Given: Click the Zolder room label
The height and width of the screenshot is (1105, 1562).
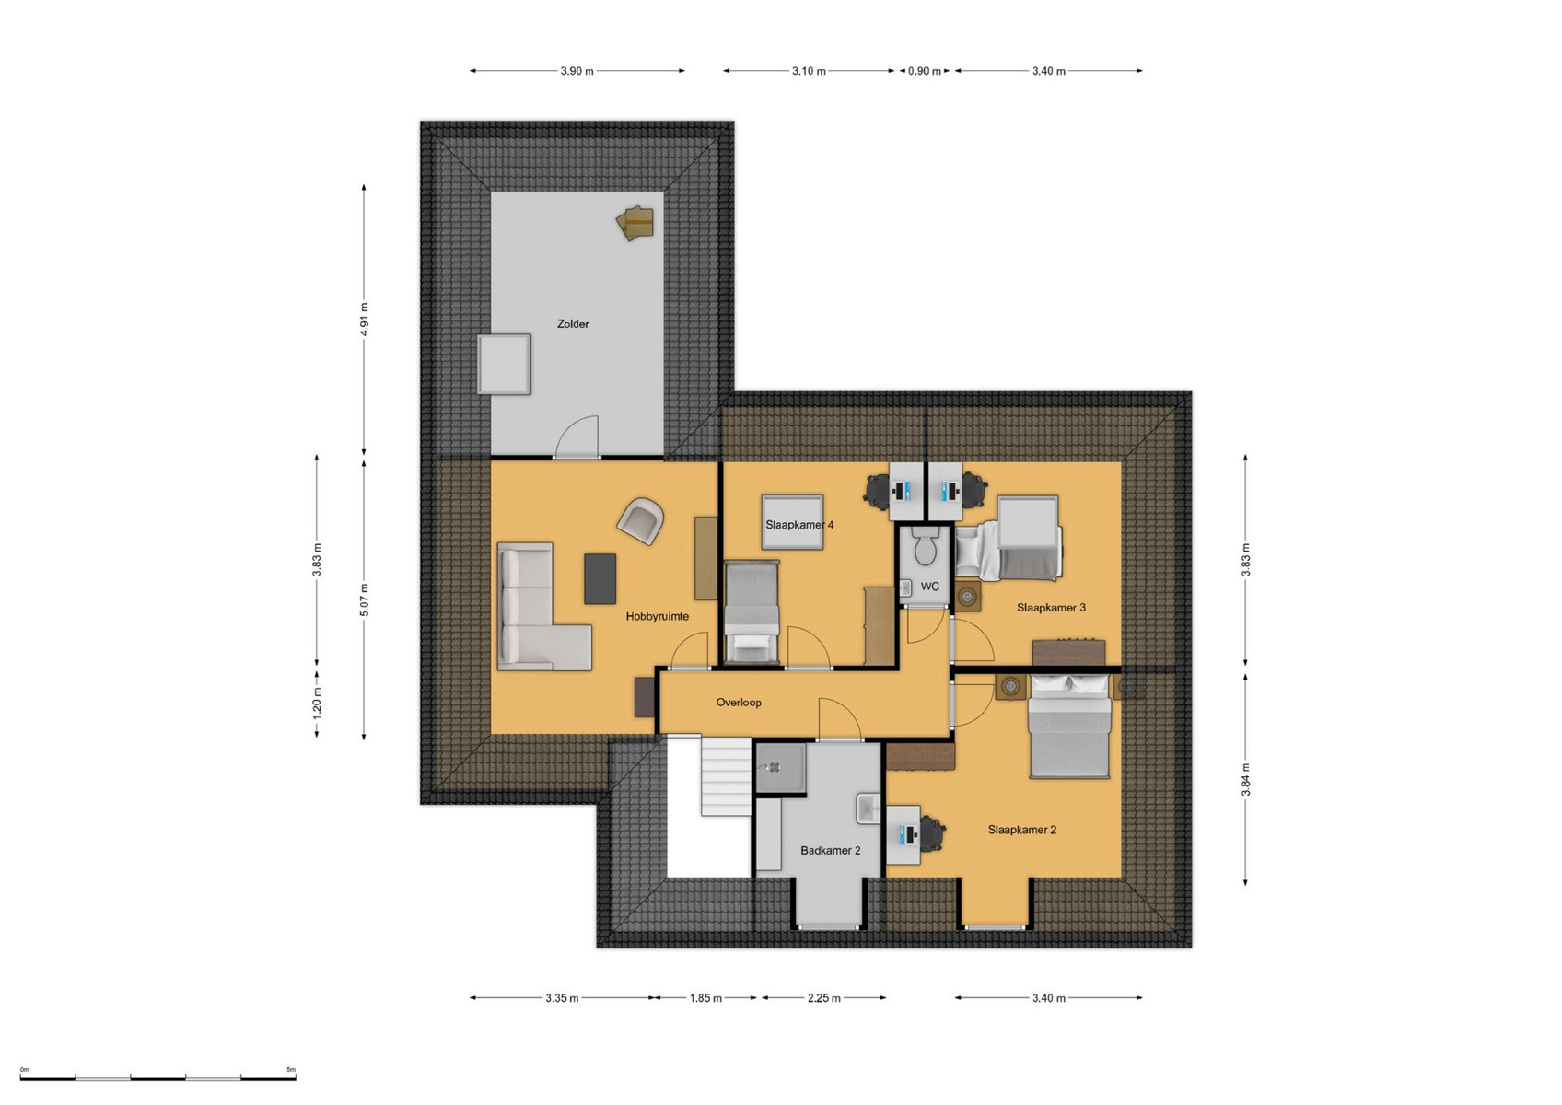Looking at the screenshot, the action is [573, 323].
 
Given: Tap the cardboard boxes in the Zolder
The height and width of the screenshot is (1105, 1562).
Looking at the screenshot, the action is [635, 223].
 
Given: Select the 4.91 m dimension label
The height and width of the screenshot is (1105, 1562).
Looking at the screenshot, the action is [364, 320].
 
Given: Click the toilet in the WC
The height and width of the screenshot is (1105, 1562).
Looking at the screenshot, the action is [926, 545].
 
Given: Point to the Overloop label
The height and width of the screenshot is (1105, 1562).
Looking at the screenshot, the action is [739, 702].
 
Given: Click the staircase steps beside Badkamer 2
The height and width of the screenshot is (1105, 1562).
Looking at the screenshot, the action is [726, 776].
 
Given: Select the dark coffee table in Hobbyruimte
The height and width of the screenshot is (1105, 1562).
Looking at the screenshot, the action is [600, 578].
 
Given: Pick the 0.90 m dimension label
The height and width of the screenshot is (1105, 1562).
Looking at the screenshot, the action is [924, 71].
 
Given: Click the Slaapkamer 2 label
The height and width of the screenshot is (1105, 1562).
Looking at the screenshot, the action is [1021, 830].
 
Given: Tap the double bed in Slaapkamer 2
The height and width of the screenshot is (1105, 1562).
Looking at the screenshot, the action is [1069, 727].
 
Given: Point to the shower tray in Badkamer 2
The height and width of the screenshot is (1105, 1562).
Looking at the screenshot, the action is [780, 768].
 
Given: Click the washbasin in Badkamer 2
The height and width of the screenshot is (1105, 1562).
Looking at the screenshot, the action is [868, 808].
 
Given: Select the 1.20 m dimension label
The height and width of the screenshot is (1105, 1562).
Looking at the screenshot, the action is [317, 704].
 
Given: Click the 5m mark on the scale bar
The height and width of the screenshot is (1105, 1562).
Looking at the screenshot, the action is [291, 1069].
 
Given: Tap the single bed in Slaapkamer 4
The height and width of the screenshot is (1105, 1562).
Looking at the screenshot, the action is [752, 611].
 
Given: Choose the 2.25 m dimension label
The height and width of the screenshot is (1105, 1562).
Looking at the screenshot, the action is [823, 998].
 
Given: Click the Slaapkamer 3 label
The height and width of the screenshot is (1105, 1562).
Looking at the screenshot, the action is [1051, 607].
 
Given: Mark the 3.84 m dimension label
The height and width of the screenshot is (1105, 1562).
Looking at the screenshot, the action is [1245, 780].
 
